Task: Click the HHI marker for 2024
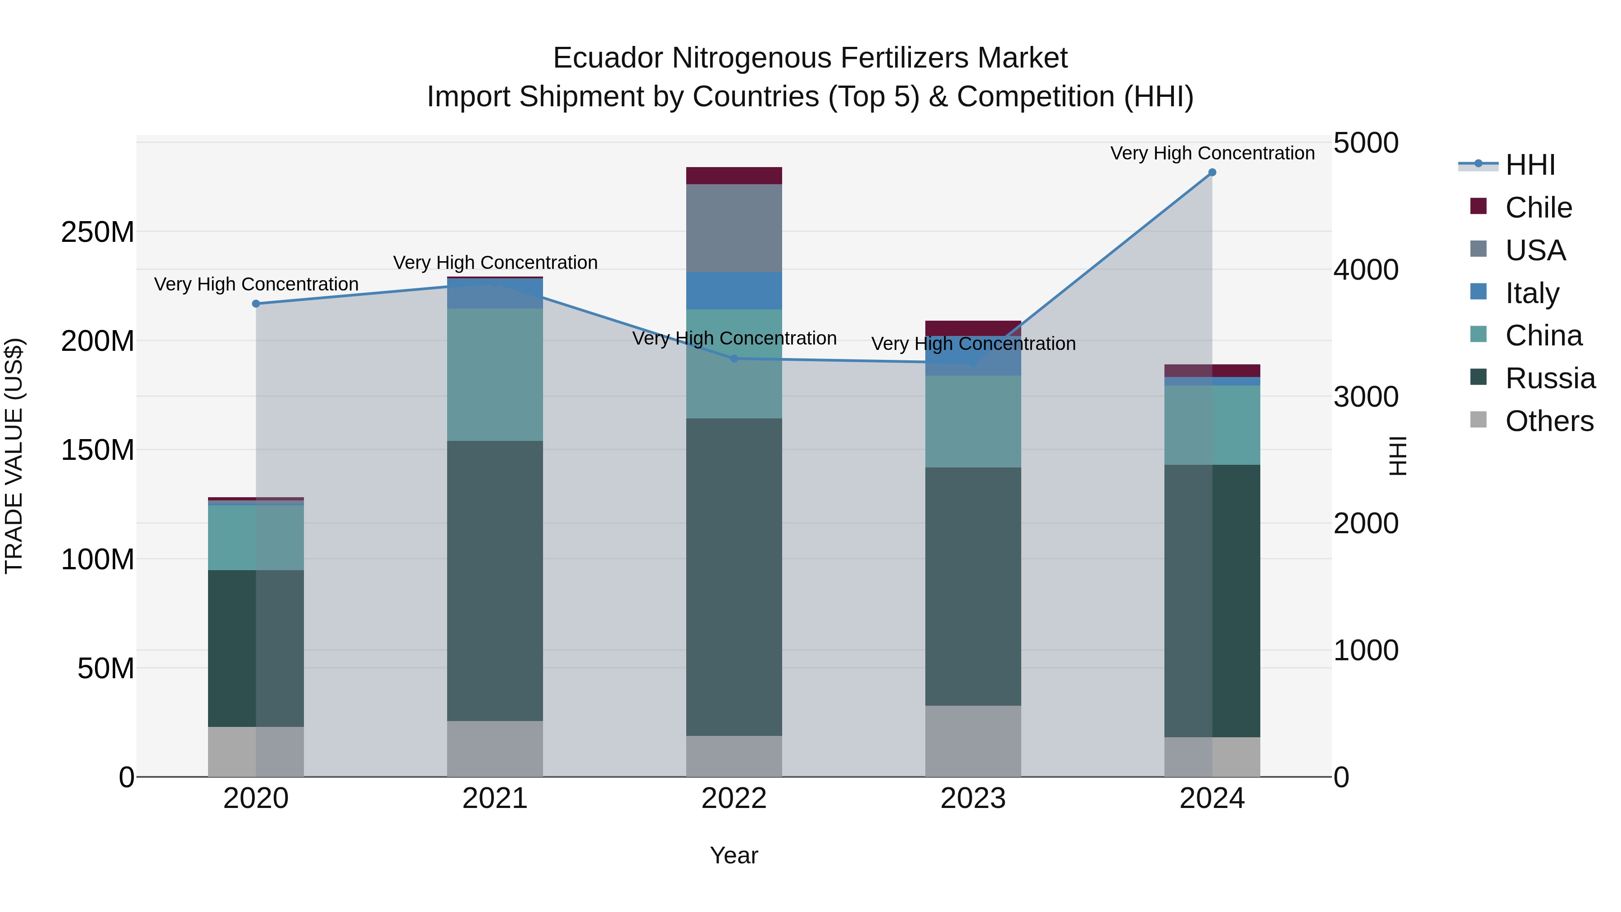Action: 1212,172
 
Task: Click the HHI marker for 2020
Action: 256,304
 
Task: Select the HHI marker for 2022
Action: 734,359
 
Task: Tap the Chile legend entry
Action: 1538,208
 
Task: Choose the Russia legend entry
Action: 1549,378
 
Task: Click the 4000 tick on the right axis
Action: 1366,269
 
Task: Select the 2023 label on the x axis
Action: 973,799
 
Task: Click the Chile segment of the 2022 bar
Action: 734,176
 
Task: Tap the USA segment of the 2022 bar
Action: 734,228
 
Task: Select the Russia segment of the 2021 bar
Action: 494,581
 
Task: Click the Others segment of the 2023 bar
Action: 973,741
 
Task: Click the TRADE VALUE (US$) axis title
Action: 14,456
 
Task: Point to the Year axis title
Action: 734,855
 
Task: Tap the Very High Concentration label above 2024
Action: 1212,153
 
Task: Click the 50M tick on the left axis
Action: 106,668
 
